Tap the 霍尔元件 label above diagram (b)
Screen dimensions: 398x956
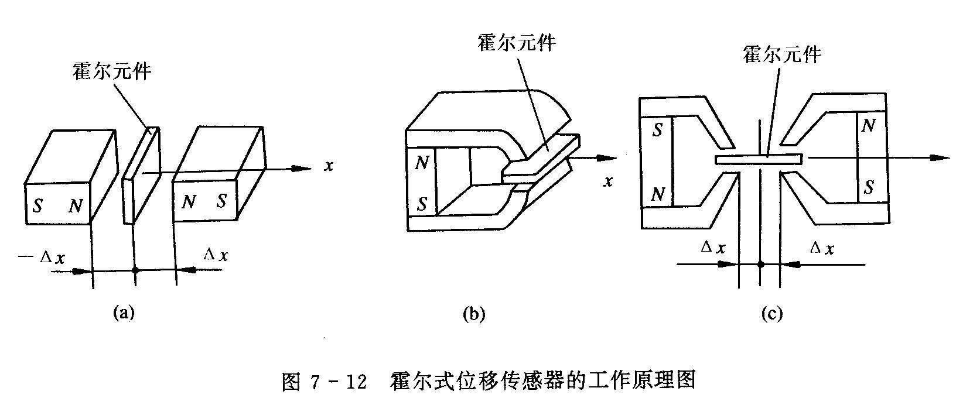click(516, 43)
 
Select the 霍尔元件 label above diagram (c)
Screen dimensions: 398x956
click(781, 54)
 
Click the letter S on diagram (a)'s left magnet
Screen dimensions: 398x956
click(37, 206)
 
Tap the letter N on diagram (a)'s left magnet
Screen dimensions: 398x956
click(75, 205)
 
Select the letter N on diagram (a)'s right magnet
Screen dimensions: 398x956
click(188, 203)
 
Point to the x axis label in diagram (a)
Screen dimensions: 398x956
click(329, 166)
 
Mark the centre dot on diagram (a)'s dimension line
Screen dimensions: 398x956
click(135, 270)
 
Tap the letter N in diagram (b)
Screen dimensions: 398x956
click(422, 163)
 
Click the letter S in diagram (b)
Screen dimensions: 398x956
click(421, 204)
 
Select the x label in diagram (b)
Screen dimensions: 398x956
click(608, 181)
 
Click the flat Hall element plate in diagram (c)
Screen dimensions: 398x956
click(759, 159)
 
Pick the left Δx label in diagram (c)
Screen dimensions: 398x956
click(713, 248)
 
